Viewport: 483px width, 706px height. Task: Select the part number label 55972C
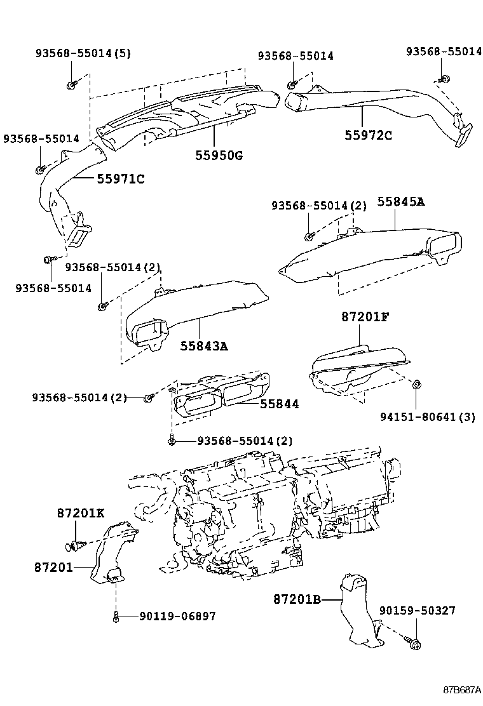tap(369, 135)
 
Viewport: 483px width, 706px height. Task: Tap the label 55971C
tap(121, 179)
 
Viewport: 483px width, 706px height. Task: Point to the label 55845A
tap(400, 202)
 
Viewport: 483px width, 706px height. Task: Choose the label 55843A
tap(203, 346)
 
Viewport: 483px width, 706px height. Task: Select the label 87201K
tap(80, 514)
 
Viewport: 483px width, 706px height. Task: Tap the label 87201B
tap(297, 598)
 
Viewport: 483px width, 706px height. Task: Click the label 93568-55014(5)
tap(83, 53)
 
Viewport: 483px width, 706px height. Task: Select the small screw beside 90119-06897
tap(116, 616)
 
